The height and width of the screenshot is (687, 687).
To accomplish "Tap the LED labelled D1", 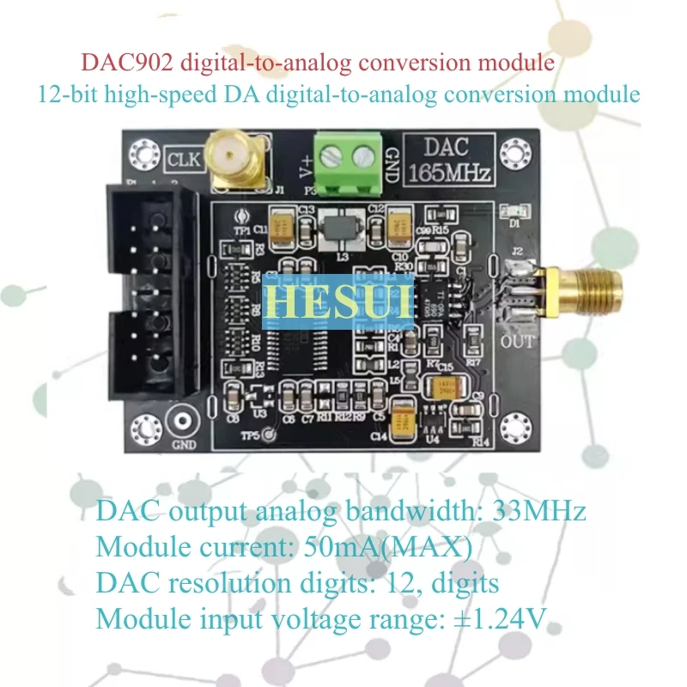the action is pyautogui.click(x=517, y=213).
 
